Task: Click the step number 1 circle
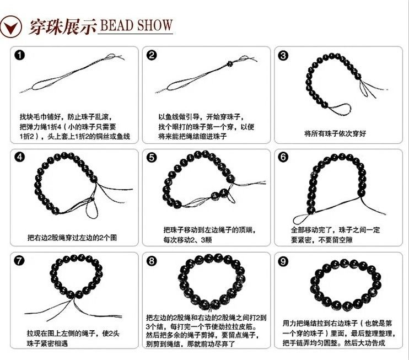tap(20, 55)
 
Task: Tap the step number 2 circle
tap(152, 55)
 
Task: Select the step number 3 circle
tap(283, 55)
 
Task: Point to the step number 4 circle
tap(20, 157)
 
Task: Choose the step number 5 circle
tap(152, 158)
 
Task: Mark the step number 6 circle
tap(283, 157)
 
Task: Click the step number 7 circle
tap(19, 261)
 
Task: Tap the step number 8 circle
tap(152, 261)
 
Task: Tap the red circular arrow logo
tap(10, 26)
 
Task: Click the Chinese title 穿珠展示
tap(63, 26)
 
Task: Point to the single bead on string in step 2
tap(229, 63)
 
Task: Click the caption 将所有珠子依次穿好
tap(335, 133)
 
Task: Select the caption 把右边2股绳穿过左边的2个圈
tap(72, 238)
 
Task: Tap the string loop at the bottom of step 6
tap(302, 219)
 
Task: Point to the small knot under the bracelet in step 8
tap(209, 310)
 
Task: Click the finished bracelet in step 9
tap(346, 285)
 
